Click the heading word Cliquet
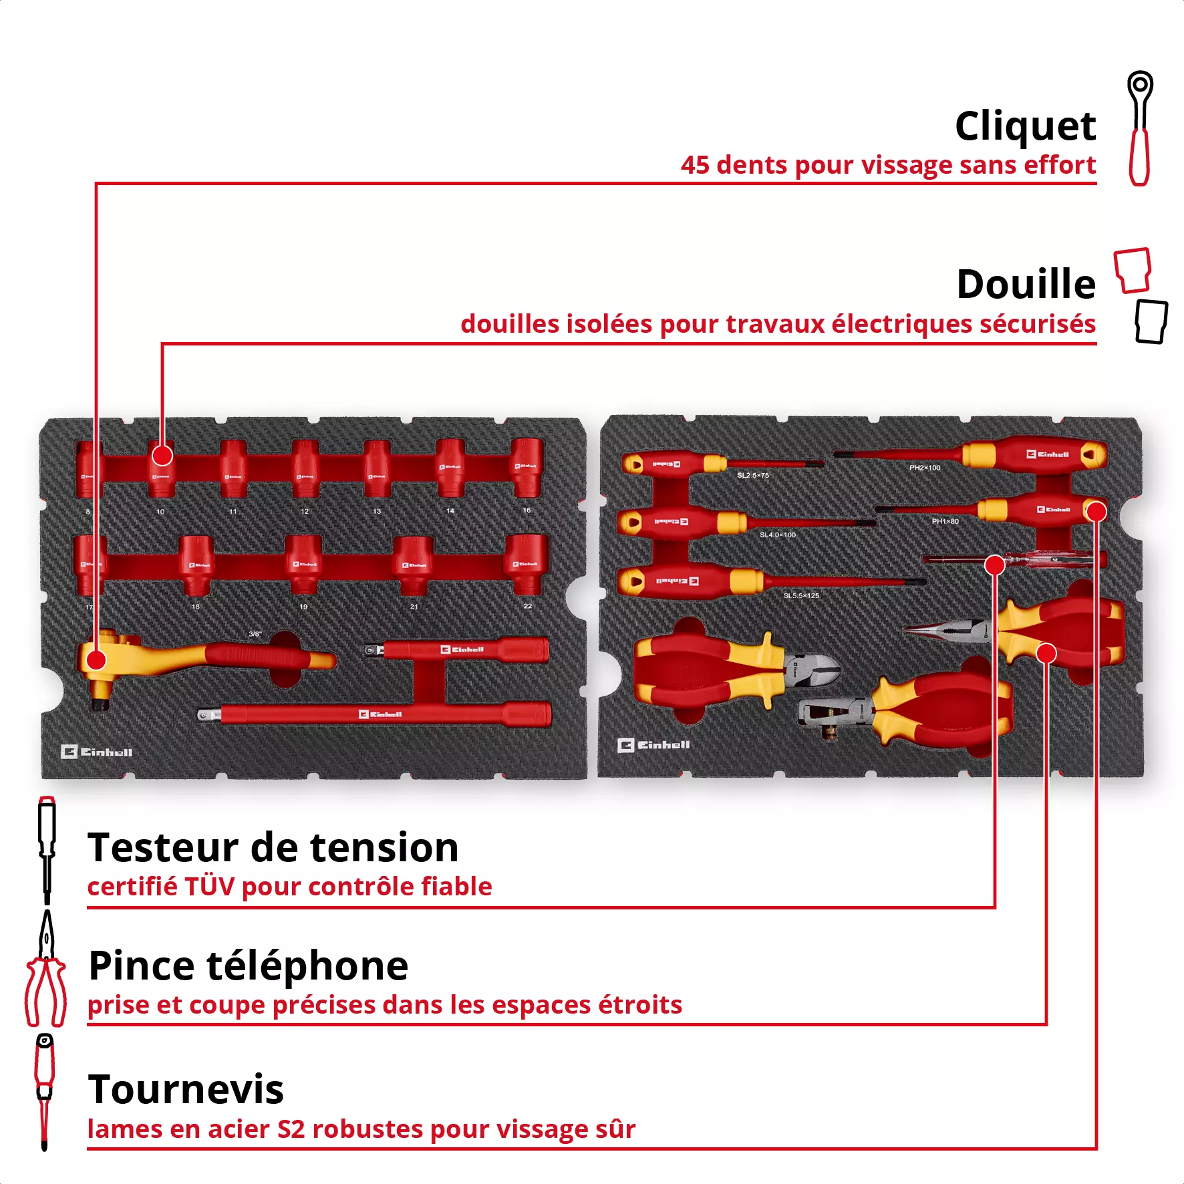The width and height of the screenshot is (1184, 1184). coord(1025,126)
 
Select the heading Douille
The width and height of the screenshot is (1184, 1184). coord(1026,285)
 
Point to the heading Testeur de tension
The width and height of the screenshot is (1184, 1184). coord(273,848)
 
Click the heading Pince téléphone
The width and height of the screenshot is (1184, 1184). coord(248,966)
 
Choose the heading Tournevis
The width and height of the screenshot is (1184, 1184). coord(186,1090)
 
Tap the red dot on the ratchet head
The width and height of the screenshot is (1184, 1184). coord(96,660)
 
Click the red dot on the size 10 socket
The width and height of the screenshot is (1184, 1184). coord(162,456)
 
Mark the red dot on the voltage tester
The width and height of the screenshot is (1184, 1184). coord(995,565)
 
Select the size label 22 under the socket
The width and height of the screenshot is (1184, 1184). coord(528,606)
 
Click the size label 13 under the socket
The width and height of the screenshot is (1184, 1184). coord(377,511)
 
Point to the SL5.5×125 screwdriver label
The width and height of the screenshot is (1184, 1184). coord(801,595)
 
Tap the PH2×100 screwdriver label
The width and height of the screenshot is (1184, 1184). coord(925,468)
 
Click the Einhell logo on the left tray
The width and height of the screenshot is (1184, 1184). coord(97,752)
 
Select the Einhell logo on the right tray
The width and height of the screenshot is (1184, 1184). coord(653,745)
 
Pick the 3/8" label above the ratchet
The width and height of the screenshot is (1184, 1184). coord(255,634)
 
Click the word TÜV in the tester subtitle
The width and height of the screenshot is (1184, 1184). coord(209,887)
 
